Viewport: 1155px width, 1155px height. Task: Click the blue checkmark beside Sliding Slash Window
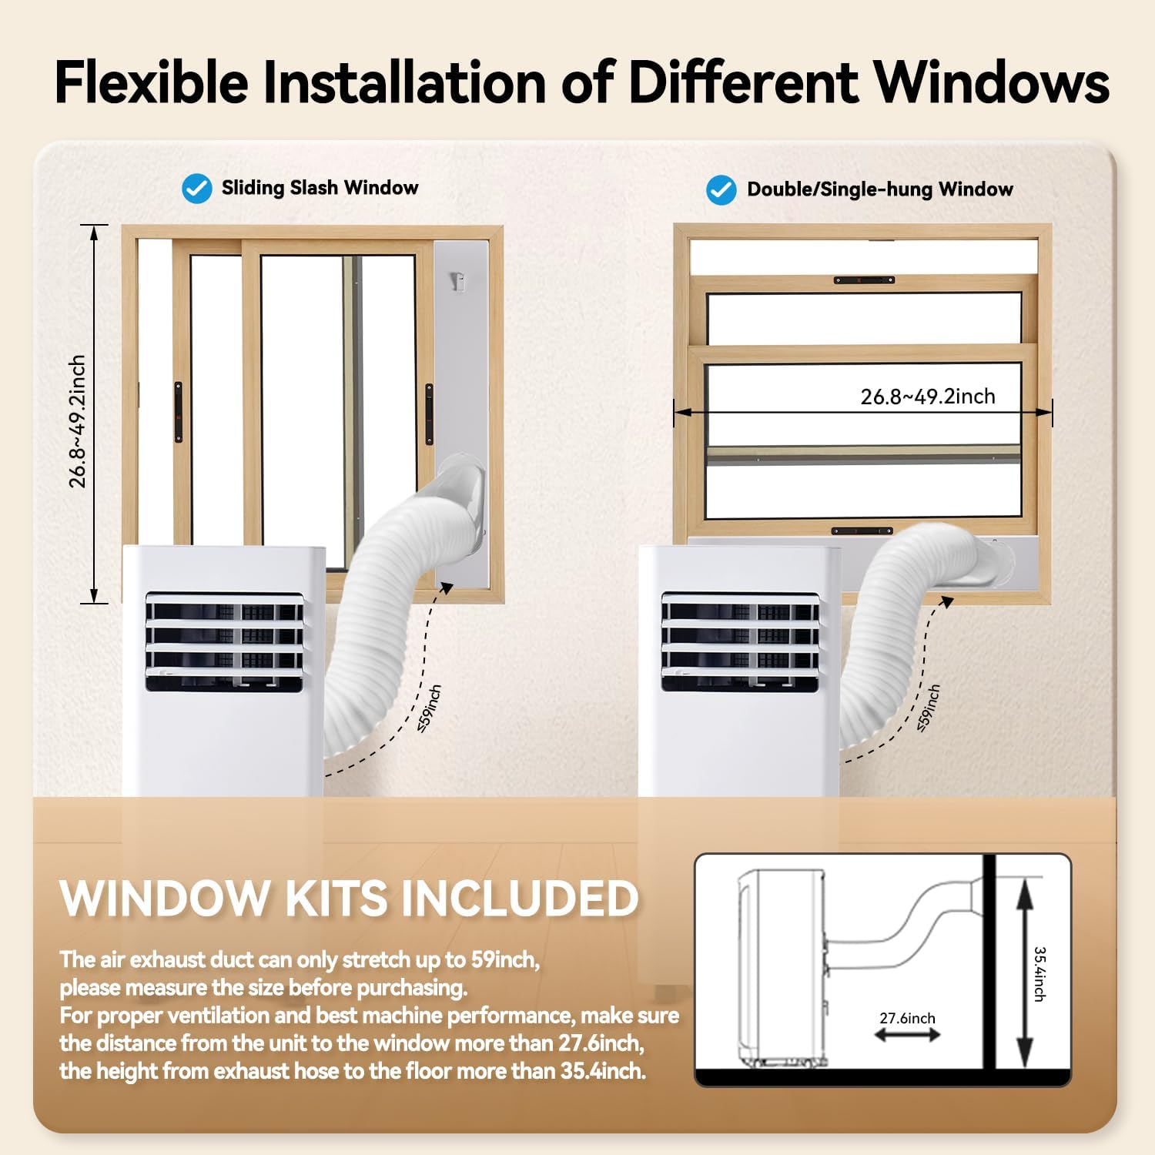pyautogui.click(x=197, y=188)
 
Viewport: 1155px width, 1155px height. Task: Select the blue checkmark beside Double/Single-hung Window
pyautogui.click(x=721, y=189)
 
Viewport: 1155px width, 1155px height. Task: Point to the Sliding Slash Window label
pyautogui.click(x=320, y=188)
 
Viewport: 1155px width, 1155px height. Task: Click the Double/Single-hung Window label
pyautogui.click(x=880, y=189)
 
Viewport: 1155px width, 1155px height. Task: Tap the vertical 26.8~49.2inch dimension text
pyautogui.click(x=77, y=421)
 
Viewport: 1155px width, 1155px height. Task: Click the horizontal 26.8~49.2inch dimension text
pyautogui.click(x=928, y=396)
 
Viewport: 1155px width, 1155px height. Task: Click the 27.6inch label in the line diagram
pyautogui.click(x=907, y=1018)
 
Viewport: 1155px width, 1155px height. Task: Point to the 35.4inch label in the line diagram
pyautogui.click(x=1039, y=974)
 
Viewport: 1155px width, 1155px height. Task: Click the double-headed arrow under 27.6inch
pyautogui.click(x=907, y=1036)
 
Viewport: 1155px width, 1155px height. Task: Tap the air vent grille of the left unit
pyautogui.click(x=224, y=641)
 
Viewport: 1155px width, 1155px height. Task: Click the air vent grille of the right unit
pyautogui.click(x=740, y=641)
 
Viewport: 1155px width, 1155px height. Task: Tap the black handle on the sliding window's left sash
pyautogui.click(x=179, y=412)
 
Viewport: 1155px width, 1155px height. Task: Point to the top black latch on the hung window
pyautogui.click(x=864, y=280)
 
